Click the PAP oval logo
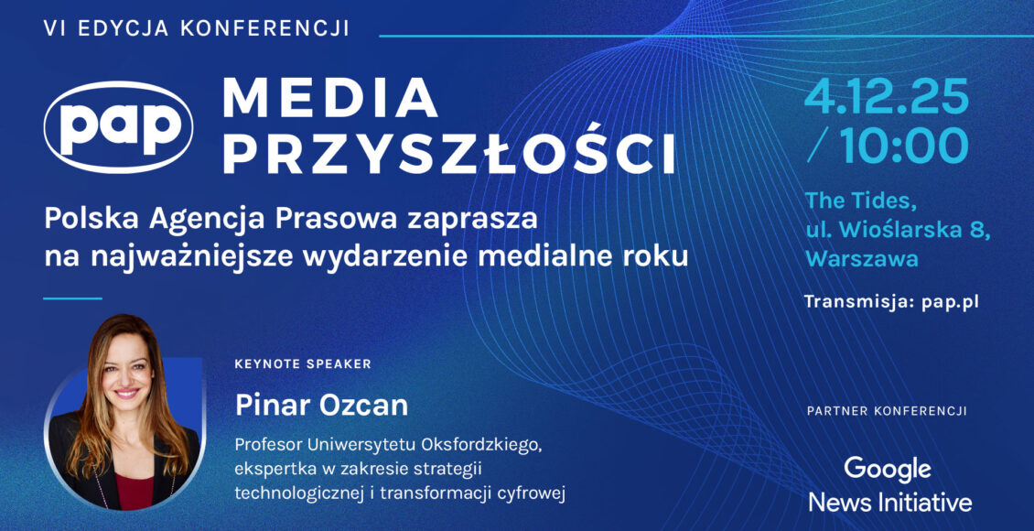[118, 126]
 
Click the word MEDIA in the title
[329, 98]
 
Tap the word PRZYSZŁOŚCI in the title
[449, 153]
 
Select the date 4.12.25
[887, 96]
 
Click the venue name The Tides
[861, 200]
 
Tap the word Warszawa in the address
[862, 258]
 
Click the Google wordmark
[889, 470]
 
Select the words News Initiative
[890, 503]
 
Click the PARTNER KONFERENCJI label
[887, 411]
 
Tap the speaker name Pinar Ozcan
[322, 406]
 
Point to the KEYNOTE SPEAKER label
[303, 363]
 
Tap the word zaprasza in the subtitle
[472, 219]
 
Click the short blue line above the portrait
[72, 298]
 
